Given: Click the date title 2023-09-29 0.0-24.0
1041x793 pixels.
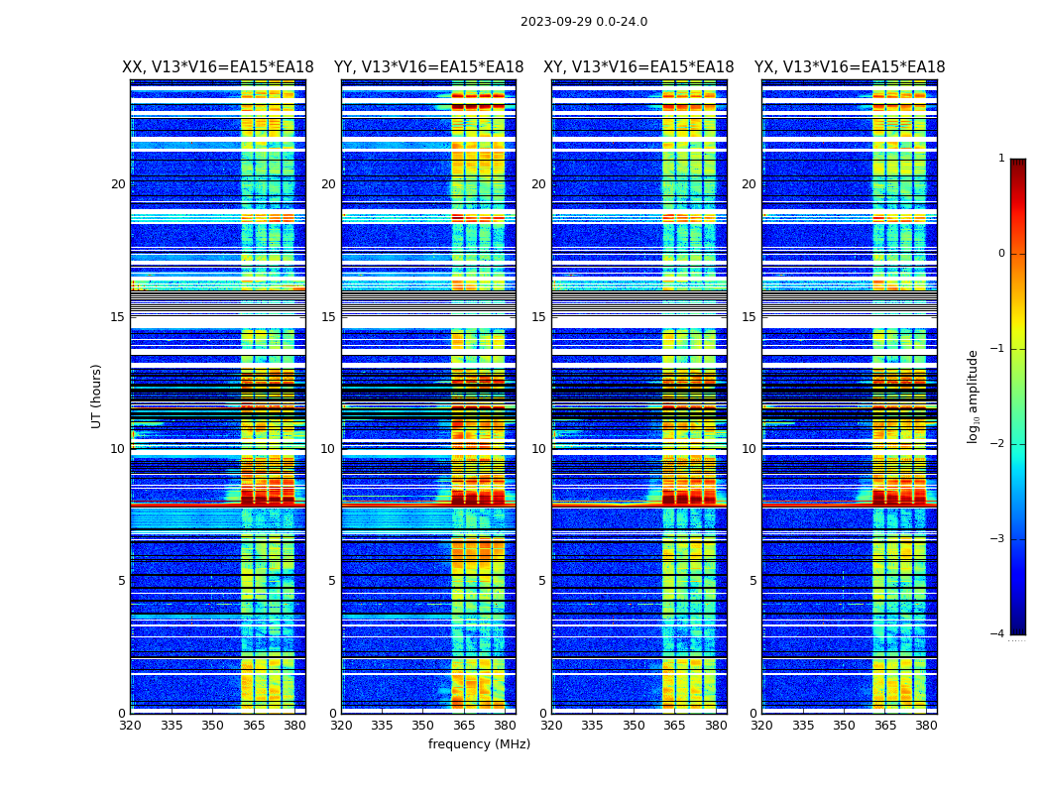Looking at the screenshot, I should (583, 22).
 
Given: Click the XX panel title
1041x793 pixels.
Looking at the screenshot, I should (217, 67).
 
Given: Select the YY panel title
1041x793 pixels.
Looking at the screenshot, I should (428, 67).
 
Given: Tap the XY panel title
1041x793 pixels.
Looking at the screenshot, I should (638, 67).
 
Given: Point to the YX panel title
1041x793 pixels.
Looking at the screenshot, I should (850, 67).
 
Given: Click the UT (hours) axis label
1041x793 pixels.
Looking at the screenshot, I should (97, 396).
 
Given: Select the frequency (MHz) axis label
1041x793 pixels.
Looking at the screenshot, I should (479, 744).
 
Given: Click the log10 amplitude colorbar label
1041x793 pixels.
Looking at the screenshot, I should (974, 396).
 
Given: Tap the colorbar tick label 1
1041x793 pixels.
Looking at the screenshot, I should (1001, 159).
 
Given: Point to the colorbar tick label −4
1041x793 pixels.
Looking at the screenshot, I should (998, 634).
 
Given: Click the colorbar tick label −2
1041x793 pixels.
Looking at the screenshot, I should (998, 444).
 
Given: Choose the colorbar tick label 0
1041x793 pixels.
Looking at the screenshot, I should (1001, 254).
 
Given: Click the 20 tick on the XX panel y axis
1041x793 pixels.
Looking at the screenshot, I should (118, 184).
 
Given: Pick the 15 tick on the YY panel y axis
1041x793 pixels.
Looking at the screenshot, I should (328, 317).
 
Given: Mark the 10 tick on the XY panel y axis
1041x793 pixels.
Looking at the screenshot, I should (538, 449).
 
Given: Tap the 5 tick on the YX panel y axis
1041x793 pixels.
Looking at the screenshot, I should (752, 581).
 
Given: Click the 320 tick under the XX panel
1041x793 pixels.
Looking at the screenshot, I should (130, 725).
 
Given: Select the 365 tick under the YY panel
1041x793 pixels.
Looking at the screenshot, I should (464, 725).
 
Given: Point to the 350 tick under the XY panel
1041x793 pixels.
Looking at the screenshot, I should (634, 725).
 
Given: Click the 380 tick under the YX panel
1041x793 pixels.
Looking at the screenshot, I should (926, 725).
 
